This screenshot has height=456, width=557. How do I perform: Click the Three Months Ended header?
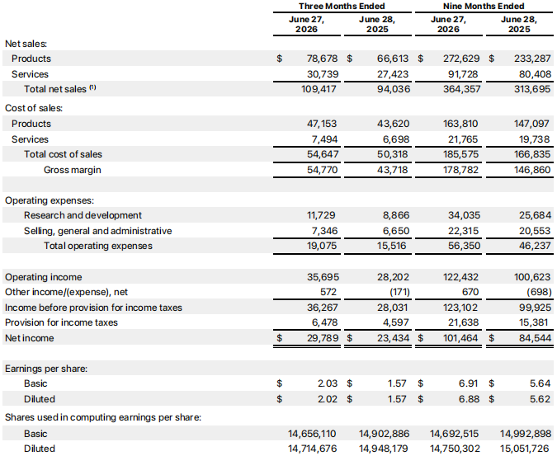point(342,6)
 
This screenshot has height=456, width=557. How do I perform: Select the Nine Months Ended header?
point(484,6)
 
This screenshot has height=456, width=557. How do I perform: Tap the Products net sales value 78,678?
point(322,59)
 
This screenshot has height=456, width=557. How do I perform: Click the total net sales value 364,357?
point(462,89)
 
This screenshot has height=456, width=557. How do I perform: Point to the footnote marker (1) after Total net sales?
point(92,87)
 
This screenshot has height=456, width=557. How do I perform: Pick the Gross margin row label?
point(73,170)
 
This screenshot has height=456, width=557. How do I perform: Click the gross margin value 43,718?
point(393,170)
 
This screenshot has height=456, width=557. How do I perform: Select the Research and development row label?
point(83,215)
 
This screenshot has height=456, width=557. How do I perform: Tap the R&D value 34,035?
point(464,215)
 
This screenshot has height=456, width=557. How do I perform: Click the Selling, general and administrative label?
point(97,231)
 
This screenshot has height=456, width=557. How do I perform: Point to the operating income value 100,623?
point(532,277)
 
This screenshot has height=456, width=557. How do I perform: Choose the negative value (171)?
point(399,292)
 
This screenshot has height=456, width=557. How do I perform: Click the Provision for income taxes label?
point(61,322)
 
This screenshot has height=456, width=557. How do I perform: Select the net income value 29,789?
point(323,338)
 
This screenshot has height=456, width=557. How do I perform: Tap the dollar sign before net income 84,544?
point(491,338)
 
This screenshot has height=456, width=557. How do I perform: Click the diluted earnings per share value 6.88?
point(469,399)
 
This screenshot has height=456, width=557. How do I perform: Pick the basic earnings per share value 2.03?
point(328,383)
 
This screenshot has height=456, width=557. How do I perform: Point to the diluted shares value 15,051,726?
point(526,449)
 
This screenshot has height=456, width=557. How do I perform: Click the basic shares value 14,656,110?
point(312,434)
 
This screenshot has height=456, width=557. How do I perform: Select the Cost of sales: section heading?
point(34,108)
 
